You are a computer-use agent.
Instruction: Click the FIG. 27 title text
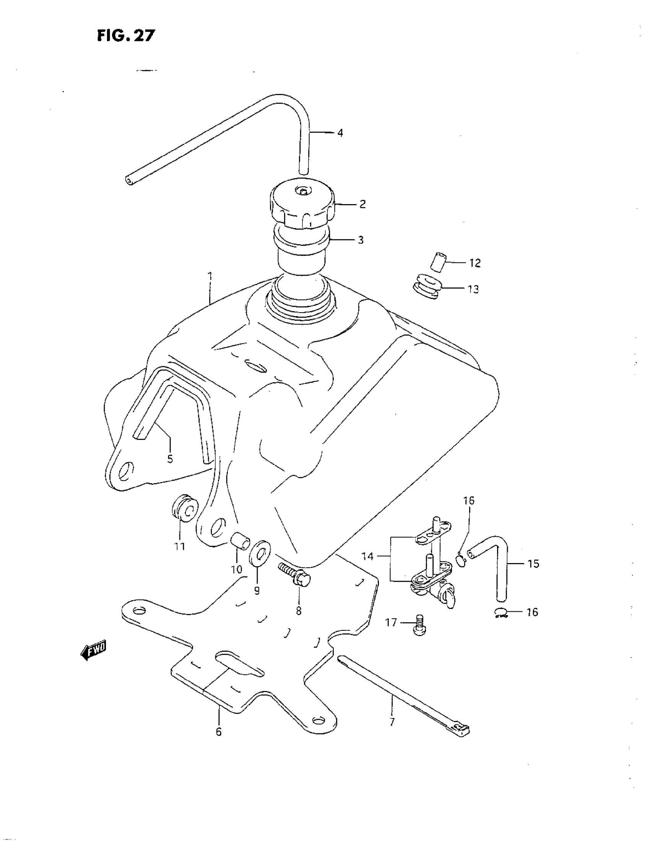pos(126,36)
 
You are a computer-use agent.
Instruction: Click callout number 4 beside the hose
pos(340,133)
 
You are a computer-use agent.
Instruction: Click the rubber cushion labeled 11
pos(185,509)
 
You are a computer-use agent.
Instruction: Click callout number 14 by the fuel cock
pos(367,557)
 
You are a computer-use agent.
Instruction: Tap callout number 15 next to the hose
pos(533,564)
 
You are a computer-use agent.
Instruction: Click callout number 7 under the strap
pos(392,722)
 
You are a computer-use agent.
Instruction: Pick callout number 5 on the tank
pos(170,459)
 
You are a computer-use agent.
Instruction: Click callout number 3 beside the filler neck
pos(361,240)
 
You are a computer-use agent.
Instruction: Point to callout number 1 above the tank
pos(210,276)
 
